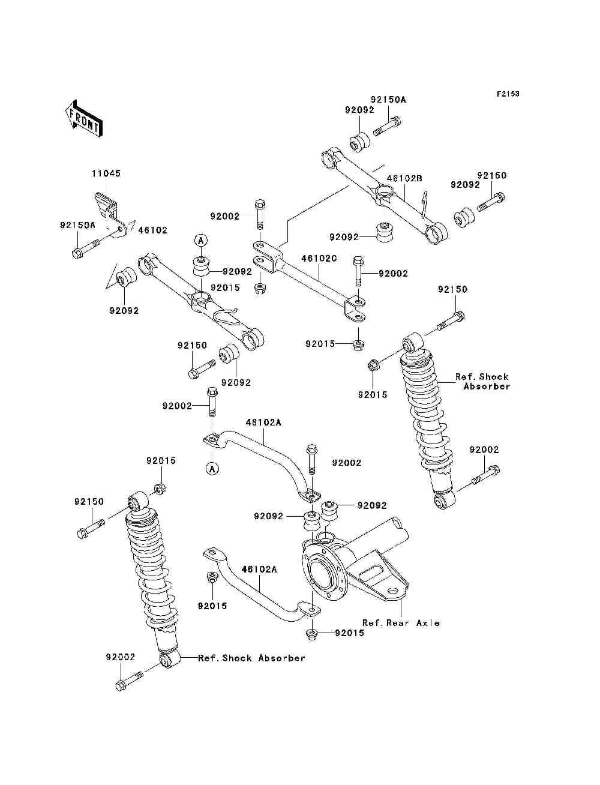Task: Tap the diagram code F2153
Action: pyautogui.click(x=508, y=94)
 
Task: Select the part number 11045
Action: pyautogui.click(x=106, y=173)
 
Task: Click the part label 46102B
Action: pyautogui.click(x=404, y=178)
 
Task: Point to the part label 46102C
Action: pyautogui.click(x=319, y=259)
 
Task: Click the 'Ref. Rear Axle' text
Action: pyautogui.click(x=401, y=623)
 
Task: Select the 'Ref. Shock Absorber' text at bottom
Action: pyautogui.click(x=252, y=658)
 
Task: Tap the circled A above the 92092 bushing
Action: pyautogui.click(x=200, y=239)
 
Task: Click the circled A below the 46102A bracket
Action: pyautogui.click(x=212, y=468)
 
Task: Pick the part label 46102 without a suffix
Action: pyautogui.click(x=153, y=230)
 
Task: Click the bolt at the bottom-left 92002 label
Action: pyautogui.click(x=128, y=681)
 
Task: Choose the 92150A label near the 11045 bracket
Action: pyautogui.click(x=77, y=225)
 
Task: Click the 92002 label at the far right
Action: pyautogui.click(x=484, y=450)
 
